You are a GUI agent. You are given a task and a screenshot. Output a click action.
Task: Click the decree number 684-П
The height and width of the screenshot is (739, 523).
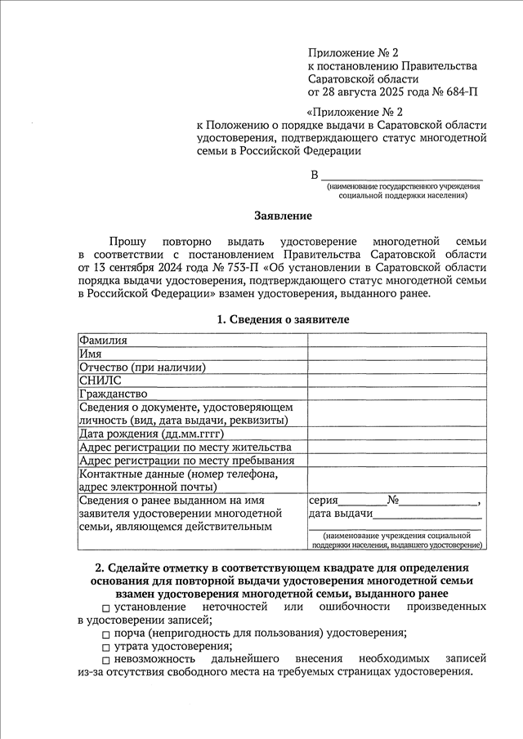pos(460,91)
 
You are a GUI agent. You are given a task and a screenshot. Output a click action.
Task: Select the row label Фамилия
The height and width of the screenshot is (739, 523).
pos(103,340)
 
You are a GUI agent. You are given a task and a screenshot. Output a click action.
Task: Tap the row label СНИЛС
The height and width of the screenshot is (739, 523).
pos(100,380)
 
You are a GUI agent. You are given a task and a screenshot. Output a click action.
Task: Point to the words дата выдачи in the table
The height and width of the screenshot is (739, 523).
pos(341,514)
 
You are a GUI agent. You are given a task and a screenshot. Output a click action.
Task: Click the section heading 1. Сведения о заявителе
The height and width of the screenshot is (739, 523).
pos(283,319)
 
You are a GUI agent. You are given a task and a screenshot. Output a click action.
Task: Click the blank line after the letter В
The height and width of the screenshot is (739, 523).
pos(400,176)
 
